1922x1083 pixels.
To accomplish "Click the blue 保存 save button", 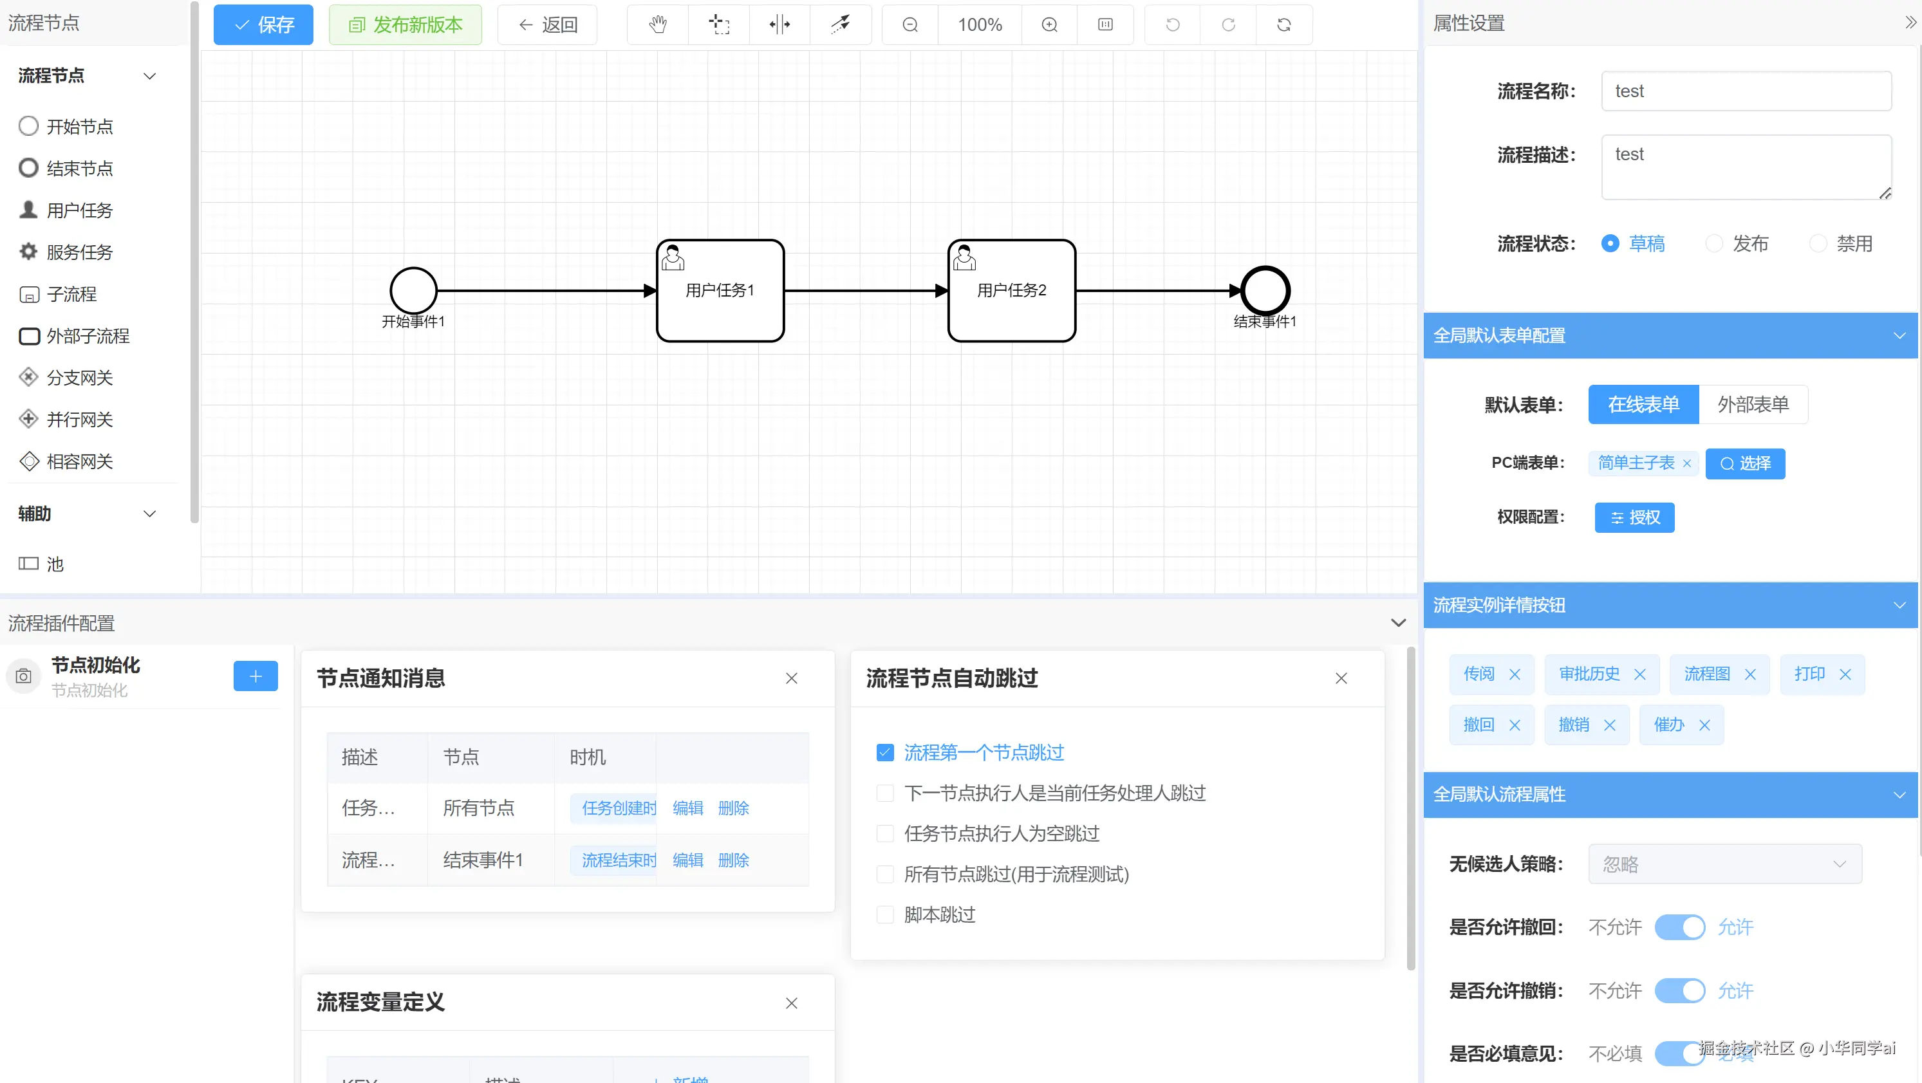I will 263,24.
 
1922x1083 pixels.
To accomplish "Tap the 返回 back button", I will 547,24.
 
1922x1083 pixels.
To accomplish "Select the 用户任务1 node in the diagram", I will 720,290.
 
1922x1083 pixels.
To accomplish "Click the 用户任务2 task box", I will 1011,290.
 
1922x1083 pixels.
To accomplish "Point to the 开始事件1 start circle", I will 413,290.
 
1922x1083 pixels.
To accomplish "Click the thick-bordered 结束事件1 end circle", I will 1265,290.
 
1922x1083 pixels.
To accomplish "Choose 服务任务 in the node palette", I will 79,252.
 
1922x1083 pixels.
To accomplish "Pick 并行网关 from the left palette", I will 79,419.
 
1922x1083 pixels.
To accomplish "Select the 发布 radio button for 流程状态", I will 1714,243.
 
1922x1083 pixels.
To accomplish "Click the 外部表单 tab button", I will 1753,404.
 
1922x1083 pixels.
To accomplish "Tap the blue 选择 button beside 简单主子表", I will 1744,463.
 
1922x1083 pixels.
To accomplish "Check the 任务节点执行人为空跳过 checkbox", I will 885,833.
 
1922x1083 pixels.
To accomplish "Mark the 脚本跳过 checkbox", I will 885,914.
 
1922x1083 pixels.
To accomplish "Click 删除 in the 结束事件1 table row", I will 732,860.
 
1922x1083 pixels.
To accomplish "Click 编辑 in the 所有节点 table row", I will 687,808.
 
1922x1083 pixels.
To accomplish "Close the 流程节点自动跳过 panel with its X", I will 1341,678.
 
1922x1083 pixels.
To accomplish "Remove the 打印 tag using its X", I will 1845,674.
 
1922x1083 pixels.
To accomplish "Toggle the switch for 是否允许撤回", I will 1679,927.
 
